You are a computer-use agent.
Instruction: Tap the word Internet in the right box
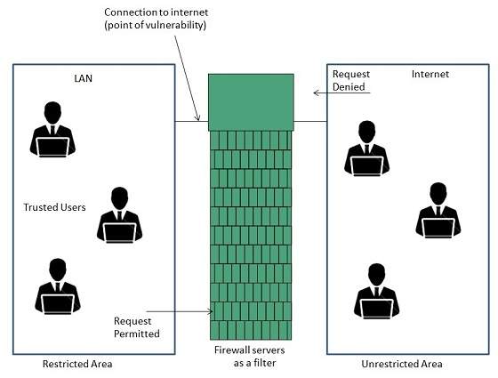pos(430,73)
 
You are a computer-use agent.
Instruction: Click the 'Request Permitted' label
pos(137,326)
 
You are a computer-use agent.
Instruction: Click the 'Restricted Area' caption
pos(78,364)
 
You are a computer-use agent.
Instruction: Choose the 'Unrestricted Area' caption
pos(401,364)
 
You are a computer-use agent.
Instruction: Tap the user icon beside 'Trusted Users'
pos(117,215)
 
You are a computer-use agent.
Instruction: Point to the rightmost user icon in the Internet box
pos(438,211)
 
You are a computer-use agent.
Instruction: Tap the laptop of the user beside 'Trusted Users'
pos(118,232)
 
